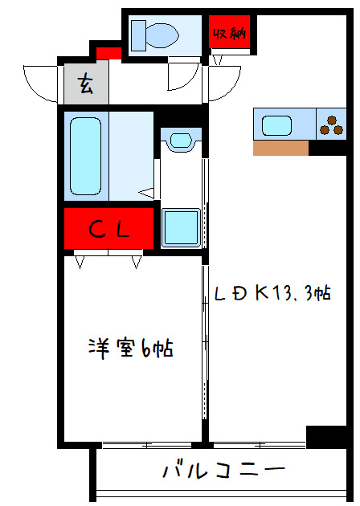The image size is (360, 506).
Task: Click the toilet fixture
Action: (156, 35)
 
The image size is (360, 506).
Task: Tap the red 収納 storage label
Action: (229, 33)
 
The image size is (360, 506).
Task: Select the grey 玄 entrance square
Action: (85, 83)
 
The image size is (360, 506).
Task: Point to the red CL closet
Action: (108, 231)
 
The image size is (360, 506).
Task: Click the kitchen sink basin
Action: (277, 124)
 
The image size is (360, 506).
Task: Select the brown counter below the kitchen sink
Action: (280, 148)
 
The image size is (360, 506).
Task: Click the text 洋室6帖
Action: (131, 349)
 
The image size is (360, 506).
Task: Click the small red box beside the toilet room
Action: (108, 54)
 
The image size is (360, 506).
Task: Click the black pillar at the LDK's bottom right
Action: (325, 437)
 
